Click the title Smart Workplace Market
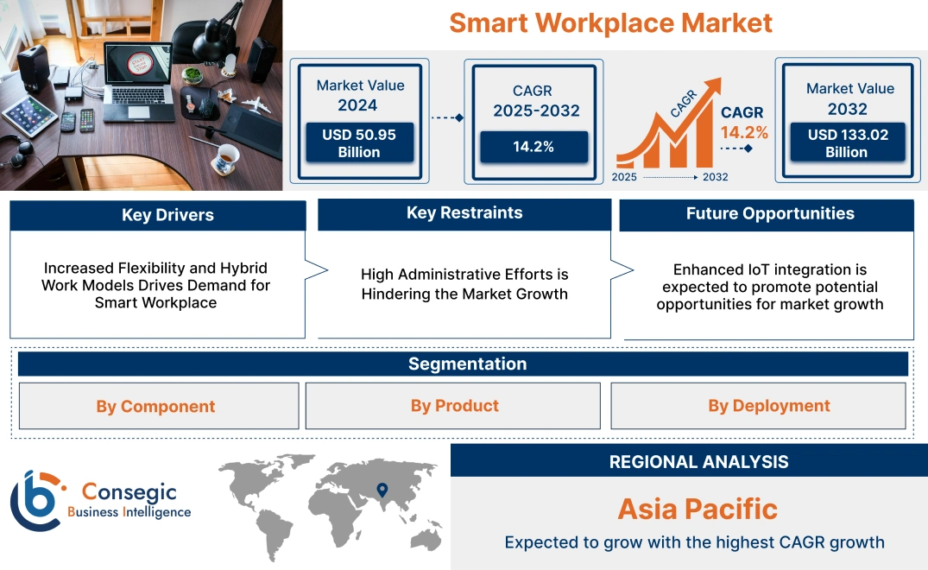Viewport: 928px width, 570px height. tap(610, 22)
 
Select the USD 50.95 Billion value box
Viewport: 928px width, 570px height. tap(359, 142)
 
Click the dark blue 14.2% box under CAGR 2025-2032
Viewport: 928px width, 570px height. tap(533, 147)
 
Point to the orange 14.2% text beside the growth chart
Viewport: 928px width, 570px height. tap(744, 132)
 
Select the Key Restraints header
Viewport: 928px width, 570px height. tap(464, 213)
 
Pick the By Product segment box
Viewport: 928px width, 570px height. tap(454, 406)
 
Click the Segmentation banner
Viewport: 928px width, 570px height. tap(467, 364)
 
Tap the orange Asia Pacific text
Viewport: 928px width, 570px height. tap(698, 509)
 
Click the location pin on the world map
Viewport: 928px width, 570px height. tap(381, 491)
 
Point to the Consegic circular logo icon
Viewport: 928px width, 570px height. tap(37, 501)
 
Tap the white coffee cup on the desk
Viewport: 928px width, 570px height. tap(227, 157)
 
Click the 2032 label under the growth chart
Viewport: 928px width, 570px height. tap(715, 177)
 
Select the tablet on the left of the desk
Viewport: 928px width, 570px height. tap(29, 113)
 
